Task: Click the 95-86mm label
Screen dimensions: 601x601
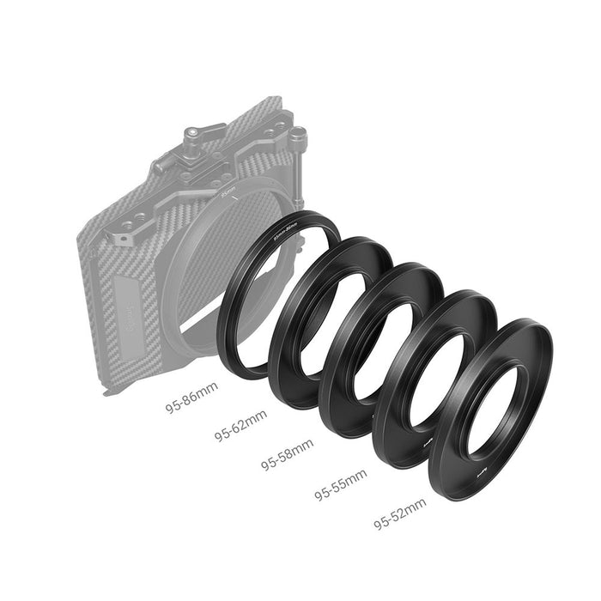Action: (192, 396)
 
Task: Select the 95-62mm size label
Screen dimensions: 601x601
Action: (240, 424)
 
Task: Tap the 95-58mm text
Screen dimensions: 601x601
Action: (288, 452)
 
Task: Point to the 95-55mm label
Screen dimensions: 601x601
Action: (340, 484)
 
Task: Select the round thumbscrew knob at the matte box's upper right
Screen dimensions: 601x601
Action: (297, 135)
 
